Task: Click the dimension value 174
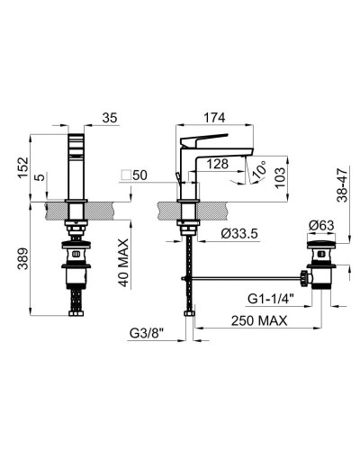(214, 118)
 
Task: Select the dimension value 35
(110, 118)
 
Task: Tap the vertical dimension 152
(23, 168)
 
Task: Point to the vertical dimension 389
(23, 258)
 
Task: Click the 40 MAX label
(122, 263)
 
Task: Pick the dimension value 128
(218, 164)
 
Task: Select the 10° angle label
(259, 170)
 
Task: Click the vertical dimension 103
(280, 177)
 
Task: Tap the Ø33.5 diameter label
(239, 234)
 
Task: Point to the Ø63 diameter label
(321, 225)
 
